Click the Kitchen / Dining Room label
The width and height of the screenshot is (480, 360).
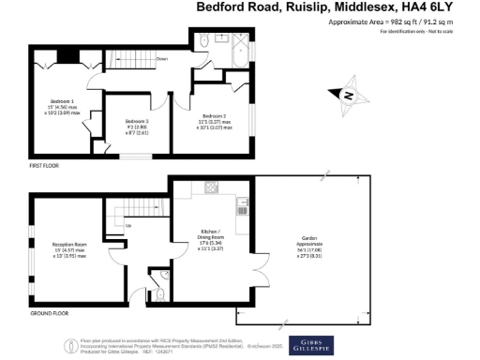click(x=211, y=235)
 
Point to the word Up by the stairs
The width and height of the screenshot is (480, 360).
click(x=128, y=225)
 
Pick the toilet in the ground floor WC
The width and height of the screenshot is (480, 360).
click(x=160, y=294)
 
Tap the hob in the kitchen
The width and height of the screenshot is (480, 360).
click(x=210, y=190)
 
